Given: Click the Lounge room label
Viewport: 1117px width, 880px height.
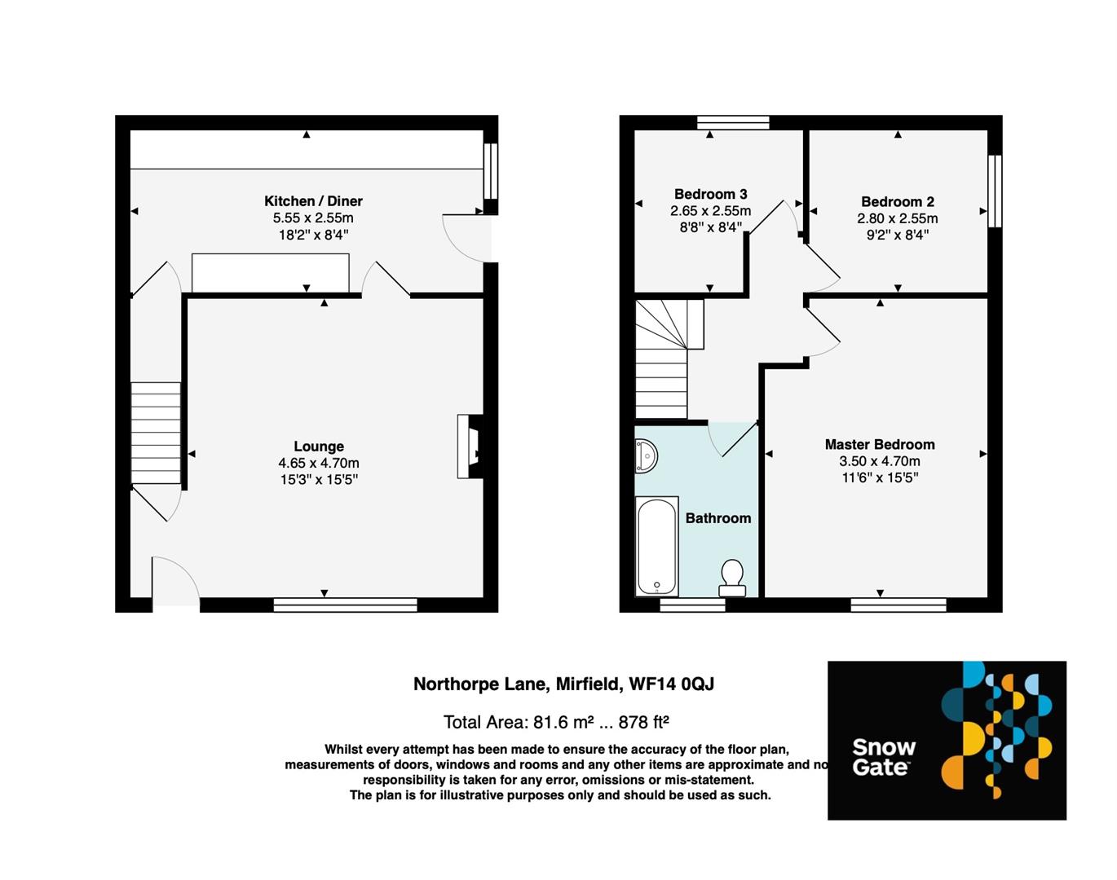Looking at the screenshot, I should point(318,447).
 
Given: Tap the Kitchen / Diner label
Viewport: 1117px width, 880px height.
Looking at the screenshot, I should point(313,201).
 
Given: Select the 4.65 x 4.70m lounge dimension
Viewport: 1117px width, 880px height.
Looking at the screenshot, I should point(318,463).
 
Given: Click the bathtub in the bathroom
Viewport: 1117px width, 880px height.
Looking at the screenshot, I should point(656,546).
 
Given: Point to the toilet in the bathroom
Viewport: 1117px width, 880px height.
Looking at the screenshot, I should point(731,577).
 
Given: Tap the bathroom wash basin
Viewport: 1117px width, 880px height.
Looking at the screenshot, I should point(646,456).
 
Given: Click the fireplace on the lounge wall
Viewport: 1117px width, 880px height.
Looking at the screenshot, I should point(470,447).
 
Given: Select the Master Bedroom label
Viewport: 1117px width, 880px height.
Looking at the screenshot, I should point(879,445).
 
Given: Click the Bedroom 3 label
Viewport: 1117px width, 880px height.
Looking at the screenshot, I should point(710,194).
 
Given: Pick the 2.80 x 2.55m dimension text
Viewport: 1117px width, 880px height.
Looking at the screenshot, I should point(897,218).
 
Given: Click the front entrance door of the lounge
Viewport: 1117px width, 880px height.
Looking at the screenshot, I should point(175,583).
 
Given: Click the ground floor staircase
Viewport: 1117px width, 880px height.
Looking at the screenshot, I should point(155,433).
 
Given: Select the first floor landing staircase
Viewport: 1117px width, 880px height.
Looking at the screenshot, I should point(661,359).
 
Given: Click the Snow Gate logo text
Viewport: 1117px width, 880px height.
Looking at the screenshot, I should point(884,757).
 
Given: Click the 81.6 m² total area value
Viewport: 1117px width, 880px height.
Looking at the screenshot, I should point(563,722).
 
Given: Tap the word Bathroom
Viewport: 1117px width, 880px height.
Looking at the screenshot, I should point(717,518).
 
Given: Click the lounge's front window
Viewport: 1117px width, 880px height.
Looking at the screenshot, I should point(345,605).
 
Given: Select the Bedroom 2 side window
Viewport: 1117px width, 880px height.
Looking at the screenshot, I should point(994,191).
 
